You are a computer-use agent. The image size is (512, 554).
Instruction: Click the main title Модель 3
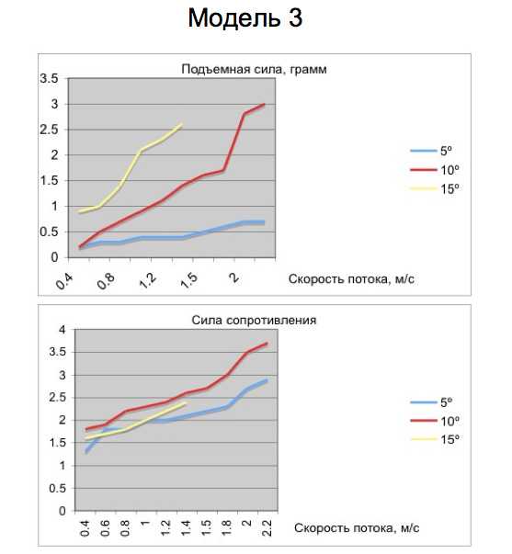click(x=245, y=18)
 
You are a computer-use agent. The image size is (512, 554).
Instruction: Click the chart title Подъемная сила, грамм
click(x=254, y=69)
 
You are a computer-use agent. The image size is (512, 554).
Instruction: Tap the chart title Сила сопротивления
click(x=254, y=320)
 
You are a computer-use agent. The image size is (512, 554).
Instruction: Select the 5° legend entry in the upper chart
click(x=431, y=151)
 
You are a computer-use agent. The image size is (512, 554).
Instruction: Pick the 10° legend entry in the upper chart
click(x=435, y=170)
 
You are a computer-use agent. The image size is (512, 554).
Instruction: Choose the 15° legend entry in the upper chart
click(x=435, y=188)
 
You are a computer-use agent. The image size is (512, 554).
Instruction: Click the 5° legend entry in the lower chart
click(x=431, y=402)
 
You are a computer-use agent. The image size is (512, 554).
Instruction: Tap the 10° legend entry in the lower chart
click(x=435, y=421)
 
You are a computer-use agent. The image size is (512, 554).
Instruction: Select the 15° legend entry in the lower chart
click(x=435, y=439)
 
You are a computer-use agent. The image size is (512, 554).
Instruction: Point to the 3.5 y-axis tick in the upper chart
click(x=49, y=78)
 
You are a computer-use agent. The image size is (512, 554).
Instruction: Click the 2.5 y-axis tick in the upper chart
click(x=49, y=130)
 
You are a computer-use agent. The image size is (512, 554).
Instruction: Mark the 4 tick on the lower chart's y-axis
click(x=63, y=330)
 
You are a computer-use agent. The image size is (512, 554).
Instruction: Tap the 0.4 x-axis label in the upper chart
click(x=64, y=281)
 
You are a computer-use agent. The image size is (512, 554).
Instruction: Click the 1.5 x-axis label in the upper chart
click(x=189, y=281)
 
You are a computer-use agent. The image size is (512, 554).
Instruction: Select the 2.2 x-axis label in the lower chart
click(x=267, y=528)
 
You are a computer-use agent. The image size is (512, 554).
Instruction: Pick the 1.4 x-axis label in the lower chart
click(x=186, y=528)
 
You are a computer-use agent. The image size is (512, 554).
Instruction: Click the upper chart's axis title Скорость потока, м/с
click(x=351, y=279)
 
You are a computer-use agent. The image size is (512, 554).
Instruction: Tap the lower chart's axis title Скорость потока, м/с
click(x=357, y=528)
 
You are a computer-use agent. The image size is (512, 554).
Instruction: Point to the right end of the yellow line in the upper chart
click(x=181, y=124)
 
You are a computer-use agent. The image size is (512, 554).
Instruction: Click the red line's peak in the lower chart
click(x=267, y=343)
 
